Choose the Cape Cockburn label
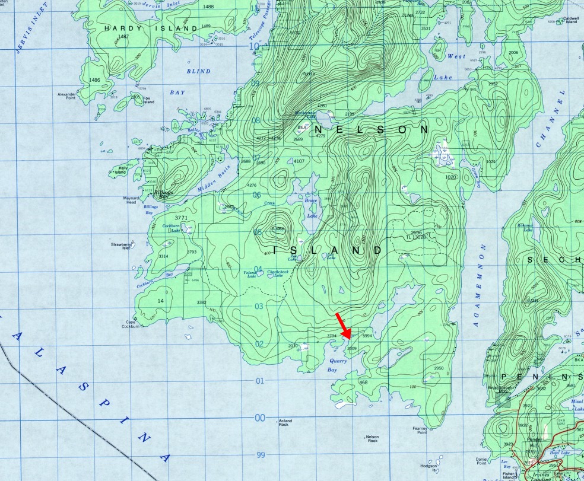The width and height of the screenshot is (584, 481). coord(131,324)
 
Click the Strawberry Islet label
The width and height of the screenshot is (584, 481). coord(120,246)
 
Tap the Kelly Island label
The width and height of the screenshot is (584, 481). coord(123,170)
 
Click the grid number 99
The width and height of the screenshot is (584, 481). coord(259,455)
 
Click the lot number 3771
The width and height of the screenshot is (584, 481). coord(182,218)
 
